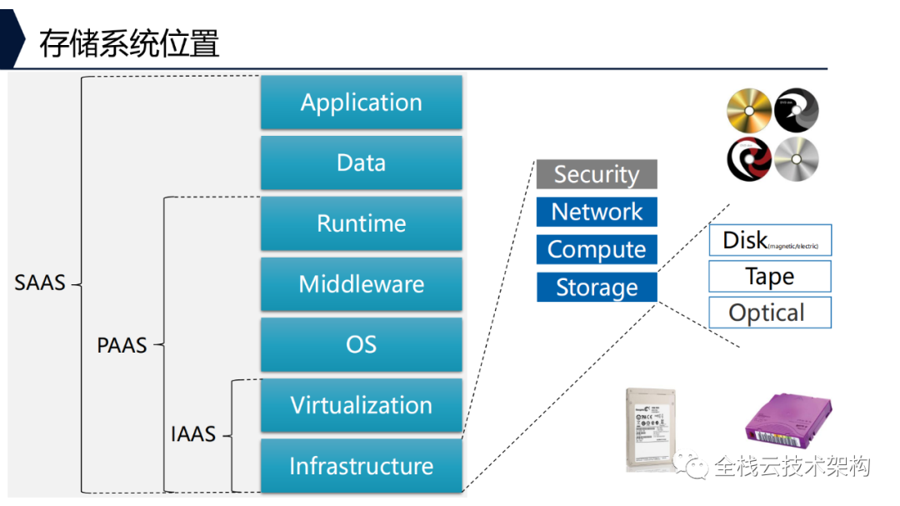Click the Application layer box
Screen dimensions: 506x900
(x=361, y=103)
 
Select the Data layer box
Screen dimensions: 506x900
(x=361, y=163)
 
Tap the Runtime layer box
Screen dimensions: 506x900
(x=361, y=223)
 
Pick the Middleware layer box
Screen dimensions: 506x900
(x=361, y=284)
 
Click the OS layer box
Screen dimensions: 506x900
(x=361, y=344)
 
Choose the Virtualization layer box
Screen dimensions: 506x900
(x=361, y=405)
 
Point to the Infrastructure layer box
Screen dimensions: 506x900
(x=361, y=465)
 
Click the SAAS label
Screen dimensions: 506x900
(x=40, y=283)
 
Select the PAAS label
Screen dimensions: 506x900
(x=122, y=345)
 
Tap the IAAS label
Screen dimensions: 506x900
(x=192, y=434)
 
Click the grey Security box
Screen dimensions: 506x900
(x=597, y=174)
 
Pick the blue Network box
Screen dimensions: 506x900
(x=597, y=212)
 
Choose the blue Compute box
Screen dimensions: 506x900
(x=597, y=249)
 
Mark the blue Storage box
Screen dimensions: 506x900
(x=597, y=288)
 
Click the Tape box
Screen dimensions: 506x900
(x=770, y=276)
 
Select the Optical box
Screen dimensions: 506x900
(x=770, y=313)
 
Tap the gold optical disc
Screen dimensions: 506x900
(x=749, y=112)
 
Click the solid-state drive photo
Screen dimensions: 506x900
(x=651, y=428)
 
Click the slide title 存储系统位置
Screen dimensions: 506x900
(x=129, y=43)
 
